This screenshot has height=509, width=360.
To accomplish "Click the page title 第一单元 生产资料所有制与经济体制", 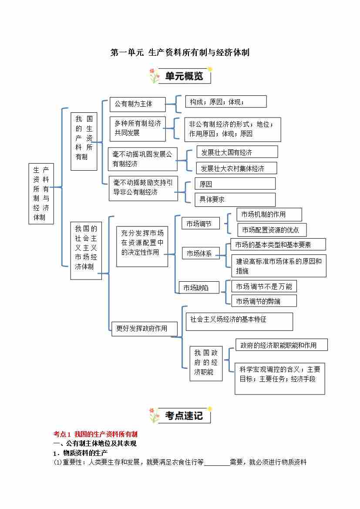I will (x=180, y=53).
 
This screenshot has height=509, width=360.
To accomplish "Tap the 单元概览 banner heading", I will (x=184, y=76).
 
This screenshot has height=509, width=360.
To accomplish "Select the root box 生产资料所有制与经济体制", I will (x=41, y=193).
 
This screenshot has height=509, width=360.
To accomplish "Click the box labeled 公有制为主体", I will (x=138, y=104).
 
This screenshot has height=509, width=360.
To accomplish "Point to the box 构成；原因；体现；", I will (x=225, y=102).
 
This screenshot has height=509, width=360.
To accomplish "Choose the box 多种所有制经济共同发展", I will (x=138, y=128).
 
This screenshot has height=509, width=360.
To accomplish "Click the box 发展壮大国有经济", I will (x=237, y=152).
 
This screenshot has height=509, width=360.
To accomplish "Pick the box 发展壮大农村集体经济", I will (x=237, y=168).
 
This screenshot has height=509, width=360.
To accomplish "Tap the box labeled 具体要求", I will (x=235, y=199).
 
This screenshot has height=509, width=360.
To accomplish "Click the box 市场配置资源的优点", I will (x=272, y=229).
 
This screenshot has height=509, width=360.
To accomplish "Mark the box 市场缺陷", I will (x=199, y=287).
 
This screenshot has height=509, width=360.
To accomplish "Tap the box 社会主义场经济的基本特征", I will (x=239, y=321).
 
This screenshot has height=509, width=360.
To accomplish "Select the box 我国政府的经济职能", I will (x=206, y=363).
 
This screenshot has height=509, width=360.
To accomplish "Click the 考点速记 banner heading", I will (x=184, y=415).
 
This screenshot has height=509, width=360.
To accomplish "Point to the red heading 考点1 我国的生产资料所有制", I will (x=95, y=434).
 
